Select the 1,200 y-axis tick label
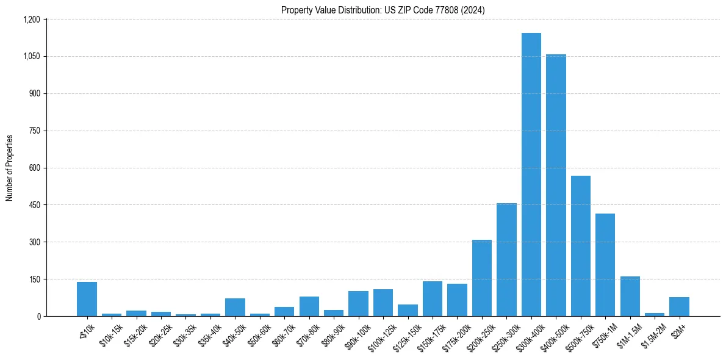30,20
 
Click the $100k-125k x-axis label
381,337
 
